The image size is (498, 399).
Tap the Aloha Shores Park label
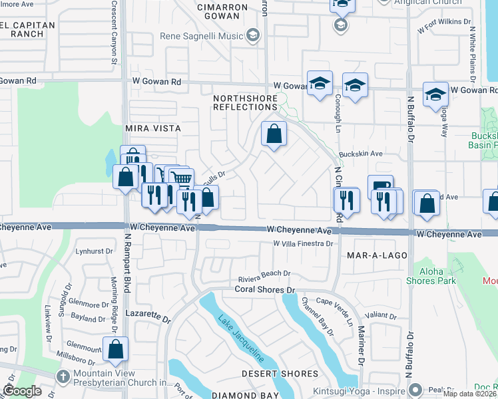click(x=429, y=276)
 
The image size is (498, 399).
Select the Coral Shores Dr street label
click(x=264, y=290)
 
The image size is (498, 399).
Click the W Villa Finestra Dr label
click(x=303, y=244)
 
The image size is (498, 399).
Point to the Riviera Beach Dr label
click(x=265, y=273)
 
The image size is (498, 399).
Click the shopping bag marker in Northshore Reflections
click(x=274, y=134)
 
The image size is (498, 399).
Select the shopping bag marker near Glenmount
click(x=115, y=348)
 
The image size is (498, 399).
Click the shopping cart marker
click(x=180, y=178)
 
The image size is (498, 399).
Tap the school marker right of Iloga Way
click(x=435, y=94)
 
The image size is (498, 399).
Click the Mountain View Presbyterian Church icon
click(x=63, y=377)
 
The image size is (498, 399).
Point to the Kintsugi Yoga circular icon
click(x=416, y=389)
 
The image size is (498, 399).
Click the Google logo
click(x=22, y=391)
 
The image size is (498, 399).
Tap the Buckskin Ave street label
click(x=360, y=154)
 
